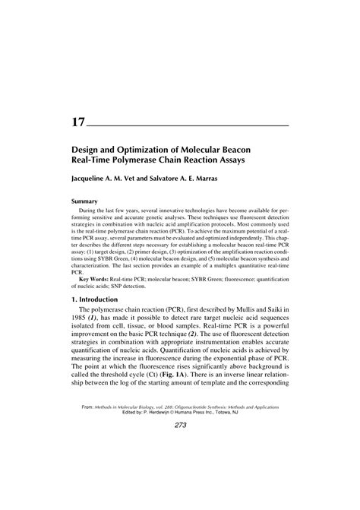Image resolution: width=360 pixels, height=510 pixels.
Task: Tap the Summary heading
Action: pyautogui.click(x=85, y=201)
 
